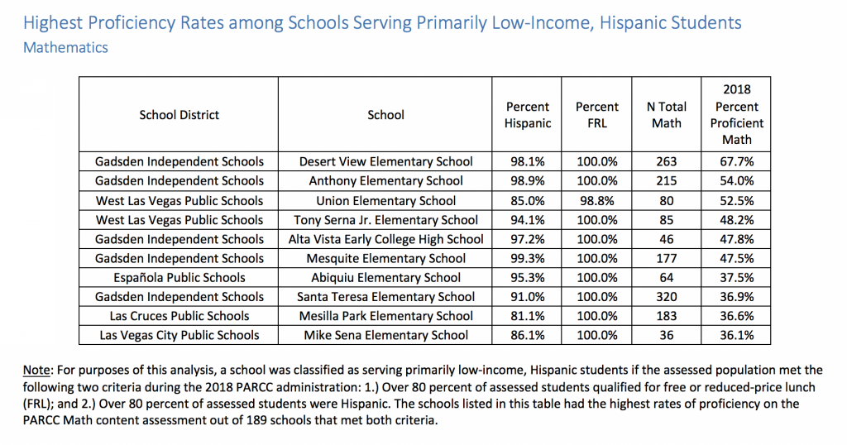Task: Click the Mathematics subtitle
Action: coord(65,47)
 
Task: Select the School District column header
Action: coord(179,115)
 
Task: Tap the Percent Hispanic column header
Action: coord(527,115)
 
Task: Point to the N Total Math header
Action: coord(667,115)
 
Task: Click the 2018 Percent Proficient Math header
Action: coord(737,114)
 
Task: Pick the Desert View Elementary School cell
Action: coord(385,161)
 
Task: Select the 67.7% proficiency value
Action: coord(737,161)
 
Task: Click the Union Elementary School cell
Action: coord(385,201)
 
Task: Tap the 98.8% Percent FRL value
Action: coord(597,201)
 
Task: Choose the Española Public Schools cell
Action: coord(179,278)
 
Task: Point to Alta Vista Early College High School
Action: coord(385,239)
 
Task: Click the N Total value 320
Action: coord(667,297)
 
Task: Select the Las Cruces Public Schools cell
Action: coord(179,316)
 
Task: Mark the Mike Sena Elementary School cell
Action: coord(385,335)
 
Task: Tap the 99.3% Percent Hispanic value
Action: coord(527,259)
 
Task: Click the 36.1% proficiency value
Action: coord(737,335)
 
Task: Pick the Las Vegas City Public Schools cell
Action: coord(179,335)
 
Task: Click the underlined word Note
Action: coord(36,371)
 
